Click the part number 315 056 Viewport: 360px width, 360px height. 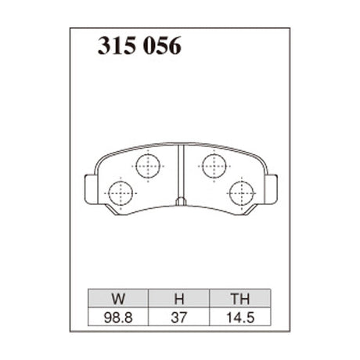(x=139, y=46)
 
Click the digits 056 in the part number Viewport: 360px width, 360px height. (x=162, y=46)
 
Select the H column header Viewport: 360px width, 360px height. (x=178, y=298)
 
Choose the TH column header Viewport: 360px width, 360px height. (x=239, y=298)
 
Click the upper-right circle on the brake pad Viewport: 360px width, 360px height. (x=213, y=165)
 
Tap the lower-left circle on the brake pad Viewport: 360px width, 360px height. (x=120, y=192)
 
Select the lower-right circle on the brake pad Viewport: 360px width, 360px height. (x=241, y=192)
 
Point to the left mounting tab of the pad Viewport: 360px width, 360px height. (x=88, y=188)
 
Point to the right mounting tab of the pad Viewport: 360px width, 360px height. (x=272, y=188)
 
